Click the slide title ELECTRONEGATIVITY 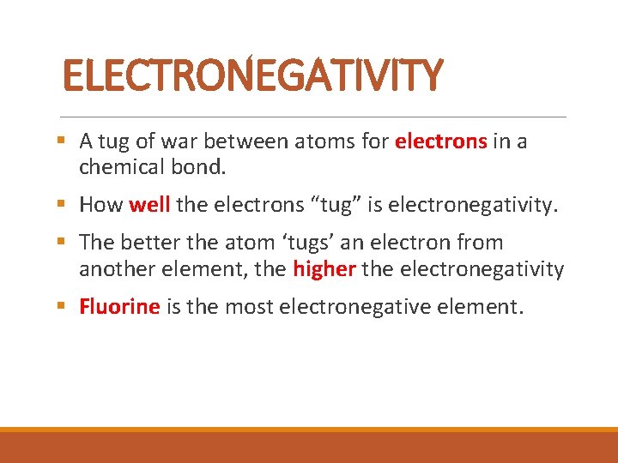point(253,75)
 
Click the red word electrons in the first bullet point(441,141)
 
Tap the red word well point(149,205)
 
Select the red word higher point(324,269)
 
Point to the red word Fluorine point(119,307)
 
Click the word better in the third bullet point(145,244)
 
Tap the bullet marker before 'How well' point(67,205)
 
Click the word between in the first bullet point(241,141)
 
